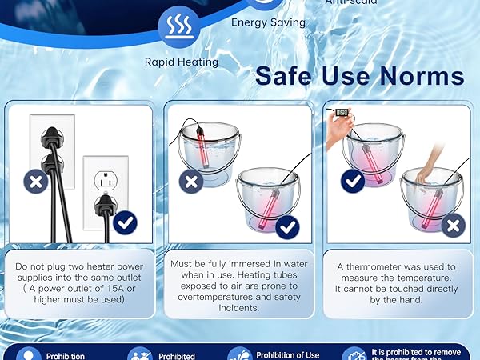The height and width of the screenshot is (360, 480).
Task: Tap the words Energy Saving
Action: [268, 22]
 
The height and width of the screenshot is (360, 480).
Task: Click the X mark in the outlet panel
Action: [35, 182]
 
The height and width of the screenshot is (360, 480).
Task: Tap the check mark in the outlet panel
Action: [125, 222]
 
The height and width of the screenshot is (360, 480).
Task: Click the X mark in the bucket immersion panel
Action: [191, 182]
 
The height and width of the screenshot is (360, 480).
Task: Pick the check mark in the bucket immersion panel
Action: [287, 227]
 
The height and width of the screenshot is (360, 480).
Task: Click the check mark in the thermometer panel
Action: [353, 182]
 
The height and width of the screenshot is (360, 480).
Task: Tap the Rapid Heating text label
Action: [182, 61]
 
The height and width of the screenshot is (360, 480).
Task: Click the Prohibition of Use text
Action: [288, 354]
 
